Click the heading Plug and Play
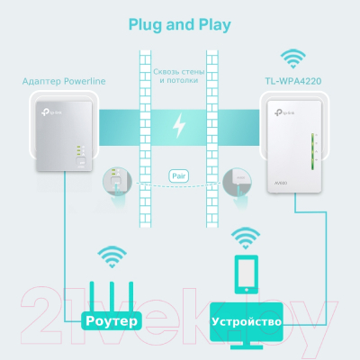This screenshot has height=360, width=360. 180,23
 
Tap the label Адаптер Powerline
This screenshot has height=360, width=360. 64,81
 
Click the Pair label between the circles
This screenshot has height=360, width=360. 179,176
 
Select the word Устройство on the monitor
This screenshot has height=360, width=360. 245,320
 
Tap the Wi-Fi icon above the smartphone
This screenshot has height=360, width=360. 245,238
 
